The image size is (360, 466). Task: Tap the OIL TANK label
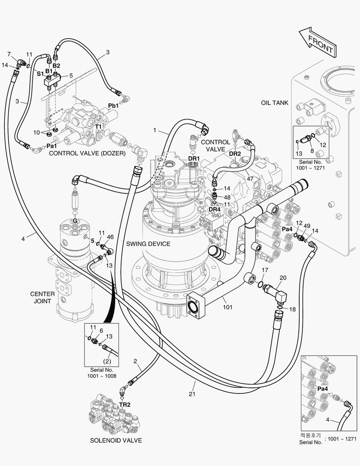coord(275,103)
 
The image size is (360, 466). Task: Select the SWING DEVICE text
coord(148,244)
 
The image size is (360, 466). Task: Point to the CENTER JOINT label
coord(43,297)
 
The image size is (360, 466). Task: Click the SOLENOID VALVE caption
coord(116,441)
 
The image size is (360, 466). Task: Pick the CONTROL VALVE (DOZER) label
coord(87,153)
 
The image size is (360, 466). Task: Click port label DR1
coord(194,158)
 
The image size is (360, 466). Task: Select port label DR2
coord(235,153)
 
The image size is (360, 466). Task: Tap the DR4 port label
coord(214,209)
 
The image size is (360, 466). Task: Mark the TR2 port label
coord(125,405)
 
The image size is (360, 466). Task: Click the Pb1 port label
coord(113,106)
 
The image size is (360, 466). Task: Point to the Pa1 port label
coord(52,146)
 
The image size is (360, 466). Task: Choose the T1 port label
coord(98,126)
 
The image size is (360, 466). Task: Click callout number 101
coord(228,307)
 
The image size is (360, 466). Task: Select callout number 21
coord(192,394)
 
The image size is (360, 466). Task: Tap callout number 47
coord(250,179)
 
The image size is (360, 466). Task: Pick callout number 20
coord(283,277)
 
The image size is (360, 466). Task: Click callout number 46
coord(110,237)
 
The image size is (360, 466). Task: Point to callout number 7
coord(9,54)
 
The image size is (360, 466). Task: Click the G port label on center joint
coord(75,221)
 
